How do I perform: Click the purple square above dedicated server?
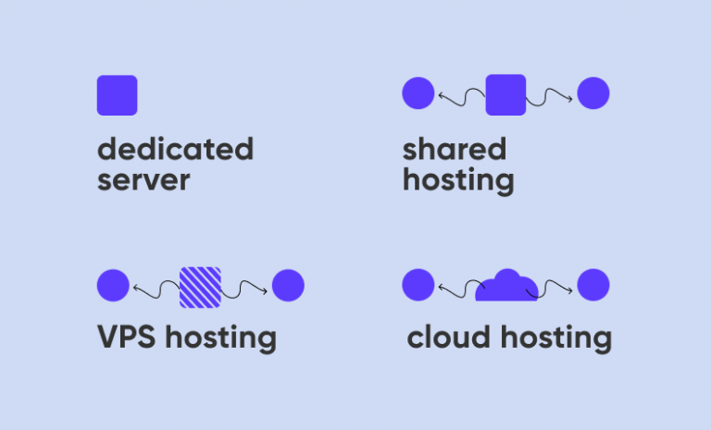[x=117, y=95]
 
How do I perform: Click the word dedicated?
[x=175, y=149]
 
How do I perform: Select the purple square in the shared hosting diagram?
[x=505, y=94]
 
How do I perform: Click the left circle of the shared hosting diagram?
[x=418, y=93]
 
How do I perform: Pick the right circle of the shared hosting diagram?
[x=593, y=93]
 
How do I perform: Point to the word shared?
[x=455, y=149]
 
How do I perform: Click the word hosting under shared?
[x=458, y=180]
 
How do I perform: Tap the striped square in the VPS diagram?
[x=200, y=286]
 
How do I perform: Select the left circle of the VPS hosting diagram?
[x=113, y=286]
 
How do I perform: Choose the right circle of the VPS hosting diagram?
[x=288, y=286]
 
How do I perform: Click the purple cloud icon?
[x=506, y=287]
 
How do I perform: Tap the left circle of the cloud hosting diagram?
[x=418, y=285]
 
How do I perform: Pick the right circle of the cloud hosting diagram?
[x=593, y=285]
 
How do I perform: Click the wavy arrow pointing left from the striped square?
[x=156, y=290]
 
